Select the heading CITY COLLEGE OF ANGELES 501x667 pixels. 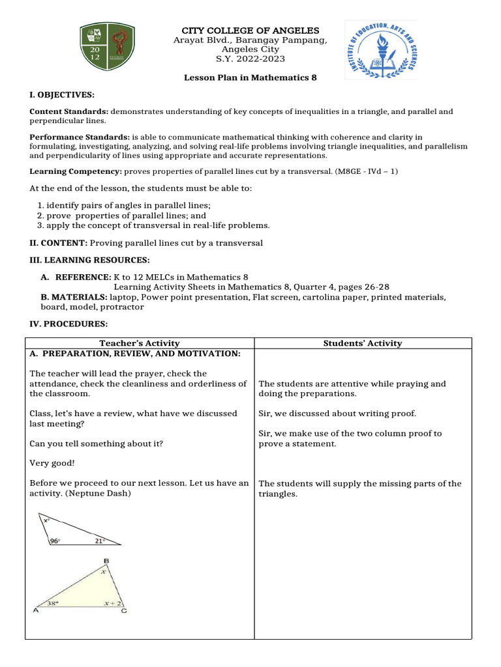[x=250, y=31]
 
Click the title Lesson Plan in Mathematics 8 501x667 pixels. [x=250, y=78]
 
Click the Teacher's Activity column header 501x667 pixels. [x=139, y=343]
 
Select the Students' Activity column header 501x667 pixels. [x=362, y=343]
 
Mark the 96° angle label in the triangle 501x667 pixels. [x=55, y=541]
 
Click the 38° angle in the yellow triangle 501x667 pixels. [x=53, y=603]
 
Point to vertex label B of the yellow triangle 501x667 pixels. [x=106, y=561]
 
